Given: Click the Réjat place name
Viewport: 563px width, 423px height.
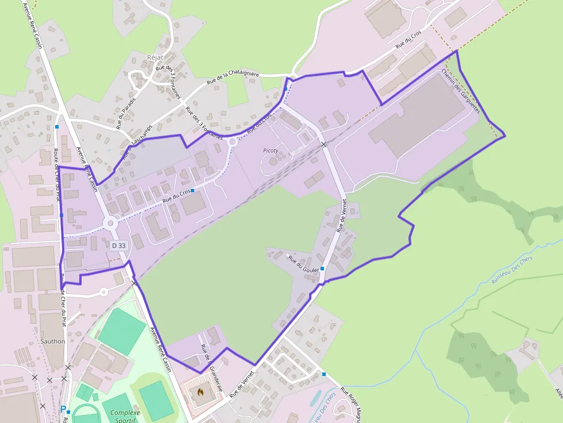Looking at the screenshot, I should pos(155,57).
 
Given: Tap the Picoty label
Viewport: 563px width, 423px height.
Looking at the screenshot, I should pos(270,150).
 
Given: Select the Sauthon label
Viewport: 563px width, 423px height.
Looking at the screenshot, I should pos(53,341).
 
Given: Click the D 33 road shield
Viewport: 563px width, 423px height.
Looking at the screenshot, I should pos(119,245).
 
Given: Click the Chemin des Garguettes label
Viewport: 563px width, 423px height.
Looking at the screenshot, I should pos(460,92).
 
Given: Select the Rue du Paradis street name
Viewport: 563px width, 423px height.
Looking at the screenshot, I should pos(126,111).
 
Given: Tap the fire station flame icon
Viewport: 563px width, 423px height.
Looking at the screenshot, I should pos(200,392).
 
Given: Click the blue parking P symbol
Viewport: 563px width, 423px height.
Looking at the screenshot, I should pos(63,409).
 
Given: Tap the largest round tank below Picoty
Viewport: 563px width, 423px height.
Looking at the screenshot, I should pos(273,161).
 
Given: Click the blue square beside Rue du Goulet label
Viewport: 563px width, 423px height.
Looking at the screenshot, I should pos(322,268).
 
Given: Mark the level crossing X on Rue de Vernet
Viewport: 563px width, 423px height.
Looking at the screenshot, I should pos(324,144).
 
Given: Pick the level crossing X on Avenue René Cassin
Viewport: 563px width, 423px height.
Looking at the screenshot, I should pos(134,282).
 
